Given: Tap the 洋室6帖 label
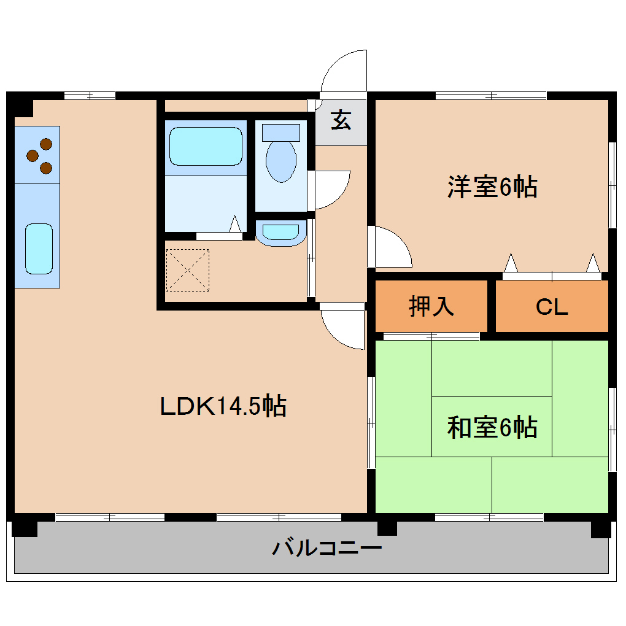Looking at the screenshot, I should (492, 187).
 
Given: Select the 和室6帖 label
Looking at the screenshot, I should (492, 427).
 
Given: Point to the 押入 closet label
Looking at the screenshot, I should (431, 306).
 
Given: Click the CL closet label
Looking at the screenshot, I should (552, 306).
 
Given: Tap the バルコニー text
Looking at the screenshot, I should (327, 546).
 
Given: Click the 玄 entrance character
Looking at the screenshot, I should (341, 120).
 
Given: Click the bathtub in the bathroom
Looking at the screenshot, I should (204, 146).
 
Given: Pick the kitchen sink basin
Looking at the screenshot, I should (39, 248).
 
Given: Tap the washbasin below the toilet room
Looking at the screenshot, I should (280, 233).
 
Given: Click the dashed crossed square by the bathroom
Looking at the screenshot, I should (188, 269).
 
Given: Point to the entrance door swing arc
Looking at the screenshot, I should (344, 71).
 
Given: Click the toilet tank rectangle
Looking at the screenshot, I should (281, 132).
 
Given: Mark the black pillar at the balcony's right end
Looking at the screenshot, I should (600, 528).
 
